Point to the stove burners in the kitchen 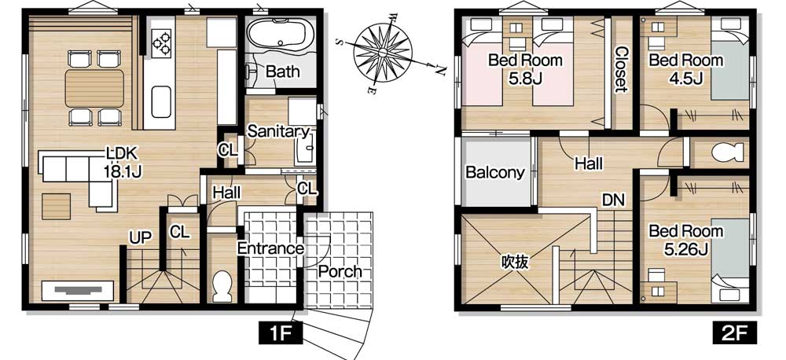pyautogui.click(x=161, y=40)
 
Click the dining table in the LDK pyautogui.click(x=94, y=88)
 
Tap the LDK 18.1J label pyautogui.click(x=123, y=161)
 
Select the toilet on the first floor pyautogui.click(x=222, y=286)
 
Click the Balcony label pyautogui.click(x=494, y=172)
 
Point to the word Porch pyautogui.click(x=340, y=272)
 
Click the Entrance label pyautogui.click(x=270, y=248)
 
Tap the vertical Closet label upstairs pyautogui.click(x=621, y=69)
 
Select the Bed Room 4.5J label pyautogui.click(x=685, y=69)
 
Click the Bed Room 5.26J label pyautogui.click(x=685, y=240)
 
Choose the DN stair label pyautogui.click(x=614, y=200)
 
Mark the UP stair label pyautogui.click(x=140, y=237)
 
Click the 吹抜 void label pyautogui.click(x=515, y=262)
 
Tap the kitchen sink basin pyautogui.click(x=161, y=101)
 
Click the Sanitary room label pyautogui.click(x=278, y=131)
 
